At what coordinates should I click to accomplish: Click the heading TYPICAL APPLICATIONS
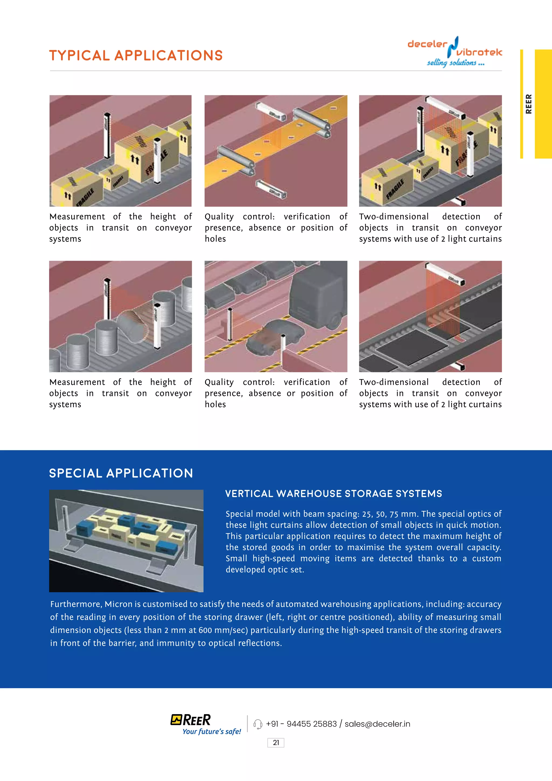(136, 56)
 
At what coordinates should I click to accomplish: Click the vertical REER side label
(528, 104)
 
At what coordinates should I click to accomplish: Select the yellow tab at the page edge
(543, 104)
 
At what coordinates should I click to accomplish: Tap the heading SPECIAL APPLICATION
(121, 473)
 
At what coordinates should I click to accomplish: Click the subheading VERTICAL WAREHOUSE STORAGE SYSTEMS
(333, 494)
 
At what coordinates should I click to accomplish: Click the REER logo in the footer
(191, 720)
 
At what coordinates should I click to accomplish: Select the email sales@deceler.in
(377, 724)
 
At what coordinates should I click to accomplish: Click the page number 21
(276, 742)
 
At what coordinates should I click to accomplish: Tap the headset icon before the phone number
(258, 724)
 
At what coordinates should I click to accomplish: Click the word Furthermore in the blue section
(76, 604)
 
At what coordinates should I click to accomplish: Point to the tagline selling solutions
(456, 63)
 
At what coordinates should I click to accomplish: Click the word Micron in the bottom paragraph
(118, 604)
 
